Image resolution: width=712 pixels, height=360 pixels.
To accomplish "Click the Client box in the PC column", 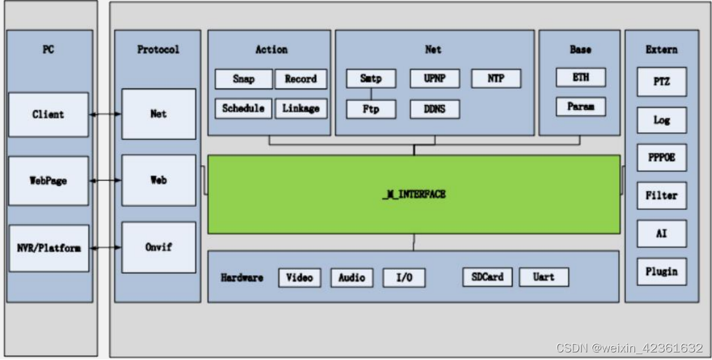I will click(48, 115).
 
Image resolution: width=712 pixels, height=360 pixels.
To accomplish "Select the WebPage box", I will click(48, 181).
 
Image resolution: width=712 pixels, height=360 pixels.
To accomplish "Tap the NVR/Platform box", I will click(48, 248).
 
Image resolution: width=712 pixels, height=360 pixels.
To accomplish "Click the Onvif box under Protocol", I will click(158, 247).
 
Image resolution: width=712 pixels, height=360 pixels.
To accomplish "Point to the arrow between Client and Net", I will click(105, 115).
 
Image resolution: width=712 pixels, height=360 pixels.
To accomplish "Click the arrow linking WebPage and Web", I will click(105, 181).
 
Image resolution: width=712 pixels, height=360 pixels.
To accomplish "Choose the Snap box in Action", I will click(243, 79).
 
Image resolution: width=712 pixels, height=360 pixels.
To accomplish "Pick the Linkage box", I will click(301, 108).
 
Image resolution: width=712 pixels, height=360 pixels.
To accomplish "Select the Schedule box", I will click(243, 108).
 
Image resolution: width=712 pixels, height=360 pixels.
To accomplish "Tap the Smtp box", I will click(371, 78).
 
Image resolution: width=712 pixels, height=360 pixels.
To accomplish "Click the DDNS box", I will click(434, 109).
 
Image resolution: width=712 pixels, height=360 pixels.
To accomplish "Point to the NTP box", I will click(496, 78).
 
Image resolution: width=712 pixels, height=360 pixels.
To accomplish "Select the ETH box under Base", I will click(580, 77).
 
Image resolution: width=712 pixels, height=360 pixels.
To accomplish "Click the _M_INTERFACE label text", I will click(414, 194).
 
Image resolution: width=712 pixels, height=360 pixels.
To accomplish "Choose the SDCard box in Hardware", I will click(487, 277).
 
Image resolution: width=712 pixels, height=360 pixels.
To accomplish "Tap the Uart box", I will click(544, 277).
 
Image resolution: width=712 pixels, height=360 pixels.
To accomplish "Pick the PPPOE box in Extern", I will click(661, 158).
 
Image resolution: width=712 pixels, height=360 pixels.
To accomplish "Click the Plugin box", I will click(661, 271).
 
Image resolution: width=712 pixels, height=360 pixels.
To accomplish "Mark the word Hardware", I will click(242, 278).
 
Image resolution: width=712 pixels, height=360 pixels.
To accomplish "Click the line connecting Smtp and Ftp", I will click(371, 94).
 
